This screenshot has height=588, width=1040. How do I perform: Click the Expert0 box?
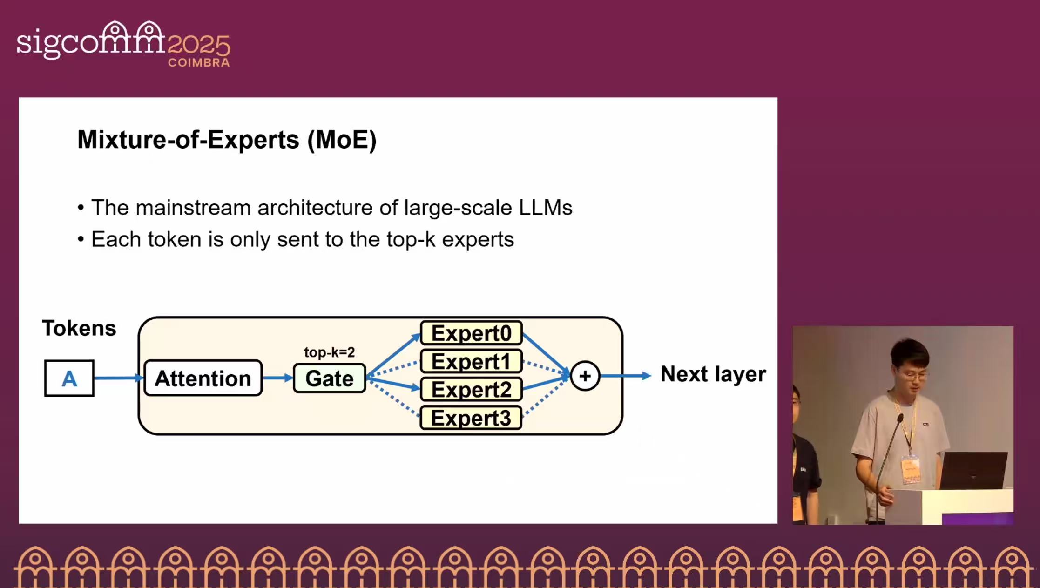tap(471, 333)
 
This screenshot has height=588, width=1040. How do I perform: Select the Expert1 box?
tap(471, 361)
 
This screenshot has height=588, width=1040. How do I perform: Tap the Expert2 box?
tap(471, 389)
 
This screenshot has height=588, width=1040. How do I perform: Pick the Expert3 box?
tap(471, 418)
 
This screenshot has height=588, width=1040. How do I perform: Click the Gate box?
tap(330, 378)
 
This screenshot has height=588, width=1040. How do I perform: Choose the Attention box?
tap(203, 378)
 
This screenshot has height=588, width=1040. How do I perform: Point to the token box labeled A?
tap(69, 378)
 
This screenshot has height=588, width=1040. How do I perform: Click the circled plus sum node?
tap(585, 376)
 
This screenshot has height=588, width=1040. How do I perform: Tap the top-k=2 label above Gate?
tap(329, 352)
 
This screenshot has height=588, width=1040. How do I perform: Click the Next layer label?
tap(713, 374)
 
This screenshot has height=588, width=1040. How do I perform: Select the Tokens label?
tap(79, 328)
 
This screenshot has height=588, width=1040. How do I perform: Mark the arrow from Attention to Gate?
tap(278, 378)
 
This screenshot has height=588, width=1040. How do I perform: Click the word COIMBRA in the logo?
tap(199, 63)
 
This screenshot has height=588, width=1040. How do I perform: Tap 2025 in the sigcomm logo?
tap(198, 46)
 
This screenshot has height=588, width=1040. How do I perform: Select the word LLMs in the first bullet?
tap(545, 208)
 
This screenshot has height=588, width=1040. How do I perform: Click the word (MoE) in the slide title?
tap(342, 140)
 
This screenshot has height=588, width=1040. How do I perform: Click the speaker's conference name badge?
tap(911, 469)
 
